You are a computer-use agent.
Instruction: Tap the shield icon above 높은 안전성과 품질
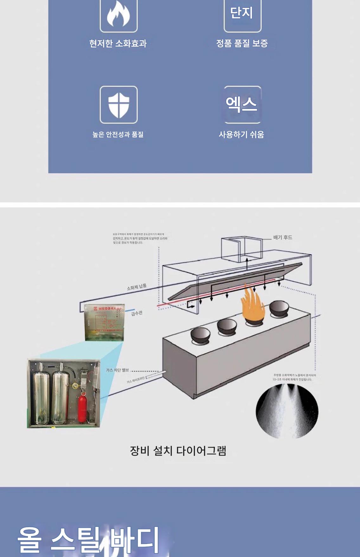[x=119, y=105]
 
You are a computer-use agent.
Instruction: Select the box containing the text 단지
[x=242, y=14]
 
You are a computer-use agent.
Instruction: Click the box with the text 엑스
[x=242, y=105]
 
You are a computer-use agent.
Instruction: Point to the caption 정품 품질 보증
[x=242, y=43]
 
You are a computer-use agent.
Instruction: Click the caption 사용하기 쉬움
[x=241, y=134]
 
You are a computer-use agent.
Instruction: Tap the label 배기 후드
[x=283, y=237]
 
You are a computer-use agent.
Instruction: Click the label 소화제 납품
[x=137, y=287]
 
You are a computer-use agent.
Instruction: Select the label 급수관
[x=137, y=313]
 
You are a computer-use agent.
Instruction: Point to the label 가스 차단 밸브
[x=117, y=370]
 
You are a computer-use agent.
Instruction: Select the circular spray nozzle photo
[x=287, y=411]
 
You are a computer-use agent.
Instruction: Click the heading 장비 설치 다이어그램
[x=178, y=451]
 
